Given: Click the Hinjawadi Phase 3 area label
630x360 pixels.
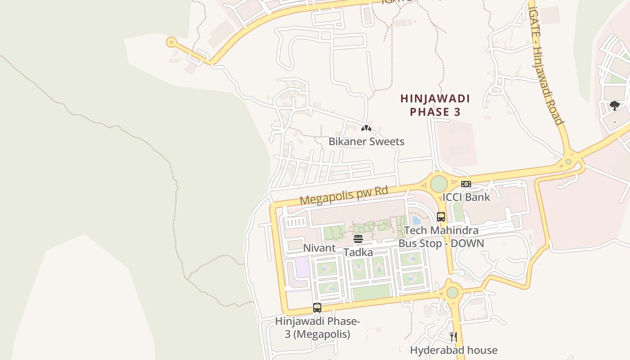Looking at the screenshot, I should (x=435, y=105).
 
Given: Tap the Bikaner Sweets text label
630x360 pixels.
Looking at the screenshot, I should (x=366, y=141).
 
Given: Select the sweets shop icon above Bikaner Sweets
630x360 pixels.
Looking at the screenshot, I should (x=366, y=128).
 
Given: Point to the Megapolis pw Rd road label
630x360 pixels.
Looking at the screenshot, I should (x=344, y=196).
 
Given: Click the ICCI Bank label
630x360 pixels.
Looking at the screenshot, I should (x=466, y=197).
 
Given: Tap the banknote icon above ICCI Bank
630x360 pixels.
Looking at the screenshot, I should (x=466, y=184).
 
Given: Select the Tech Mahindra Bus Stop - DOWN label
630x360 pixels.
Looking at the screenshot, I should (x=441, y=237).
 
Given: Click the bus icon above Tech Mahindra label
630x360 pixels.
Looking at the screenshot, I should (x=441, y=217).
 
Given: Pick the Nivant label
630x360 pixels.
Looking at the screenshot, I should (x=319, y=248).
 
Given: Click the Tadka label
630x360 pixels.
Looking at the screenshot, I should (x=358, y=252).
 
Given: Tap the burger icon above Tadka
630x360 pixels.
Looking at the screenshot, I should (x=358, y=239).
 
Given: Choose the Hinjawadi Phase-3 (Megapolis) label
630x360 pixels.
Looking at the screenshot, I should (x=317, y=328).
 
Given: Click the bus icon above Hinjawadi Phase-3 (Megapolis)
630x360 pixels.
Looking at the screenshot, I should (x=317, y=308).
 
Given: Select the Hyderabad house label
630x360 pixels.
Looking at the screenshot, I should (x=454, y=350).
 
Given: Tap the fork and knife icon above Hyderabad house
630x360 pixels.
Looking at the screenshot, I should (x=454, y=337).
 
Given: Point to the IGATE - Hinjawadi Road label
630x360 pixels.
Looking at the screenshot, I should (x=546, y=65).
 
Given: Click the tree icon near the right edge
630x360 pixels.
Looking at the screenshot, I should (x=615, y=106).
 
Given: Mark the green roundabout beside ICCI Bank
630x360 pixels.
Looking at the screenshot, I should (x=439, y=184).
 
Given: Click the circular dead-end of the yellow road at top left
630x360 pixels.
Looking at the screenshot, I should (x=171, y=42).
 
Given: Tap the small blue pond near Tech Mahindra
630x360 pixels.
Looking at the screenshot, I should (x=416, y=220).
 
